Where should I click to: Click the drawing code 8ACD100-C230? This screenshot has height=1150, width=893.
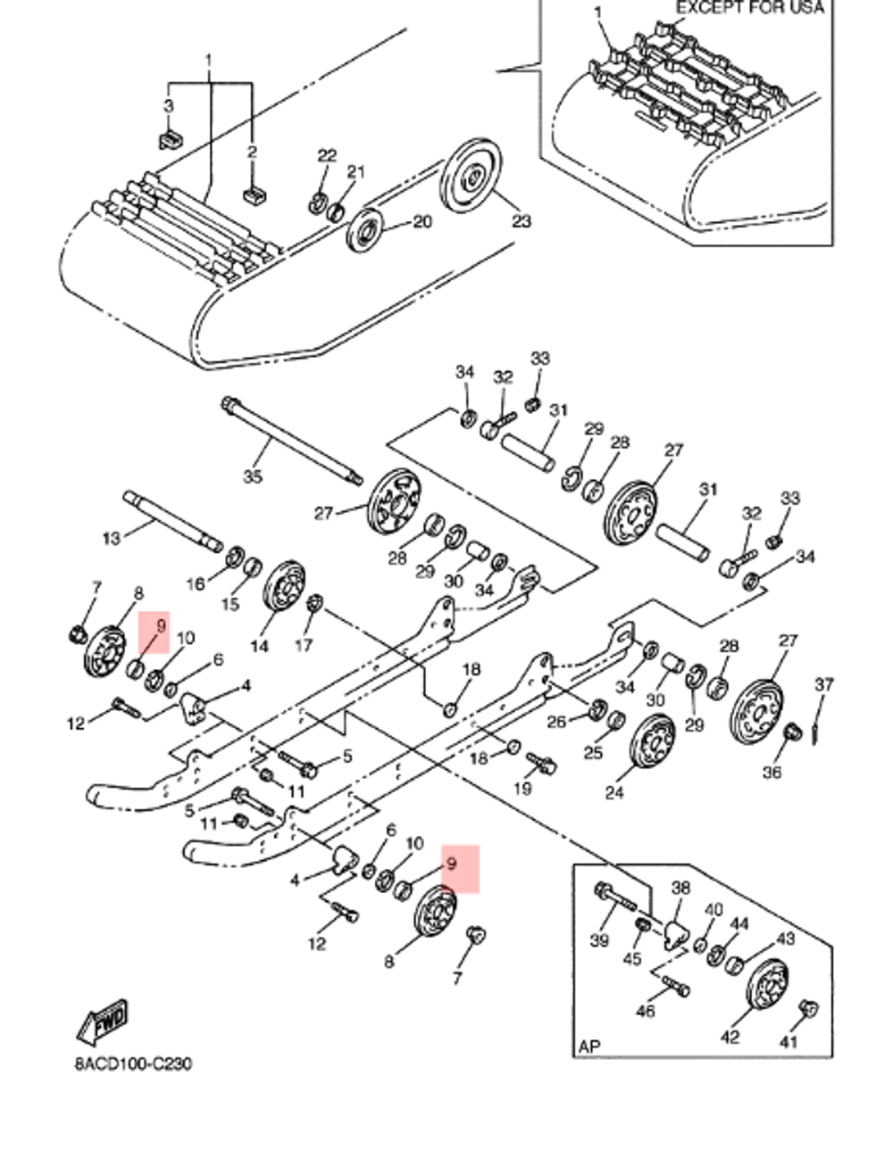(132, 1064)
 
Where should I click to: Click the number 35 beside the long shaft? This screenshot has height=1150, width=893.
(253, 477)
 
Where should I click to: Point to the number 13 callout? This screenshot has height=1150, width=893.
(112, 538)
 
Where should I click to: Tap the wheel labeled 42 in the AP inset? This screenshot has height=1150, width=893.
(769, 994)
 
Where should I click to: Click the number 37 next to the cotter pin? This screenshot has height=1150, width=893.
(823, 684)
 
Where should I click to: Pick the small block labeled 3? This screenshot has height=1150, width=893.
(171, 140)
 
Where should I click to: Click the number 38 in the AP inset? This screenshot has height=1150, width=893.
(680, 888)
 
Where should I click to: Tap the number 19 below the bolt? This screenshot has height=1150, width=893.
(522, 789)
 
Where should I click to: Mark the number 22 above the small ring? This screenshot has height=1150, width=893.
(327, 155)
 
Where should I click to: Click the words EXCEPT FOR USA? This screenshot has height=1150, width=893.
(749, 8)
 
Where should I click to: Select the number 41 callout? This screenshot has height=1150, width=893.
(789, 1041)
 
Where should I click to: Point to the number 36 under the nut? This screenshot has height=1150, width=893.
(772, 772)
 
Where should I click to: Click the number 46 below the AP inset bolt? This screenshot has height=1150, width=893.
(645, 1011)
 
